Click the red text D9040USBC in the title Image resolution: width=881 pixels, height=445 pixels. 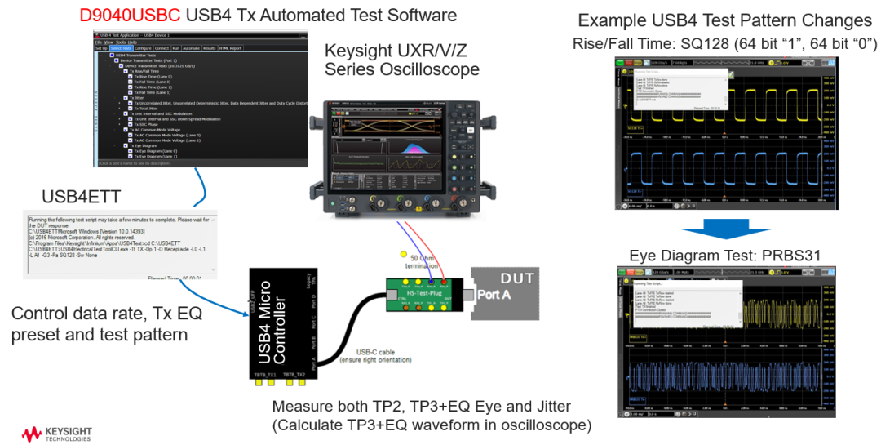[x=130, y=16]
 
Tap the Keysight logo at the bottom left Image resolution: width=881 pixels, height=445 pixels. [x=56, y=434]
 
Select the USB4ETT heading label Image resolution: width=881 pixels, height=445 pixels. [x=82, y=196]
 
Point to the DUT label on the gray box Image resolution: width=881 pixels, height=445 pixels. [x=516, y=278]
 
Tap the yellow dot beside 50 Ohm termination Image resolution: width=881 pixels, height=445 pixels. [x=403, y=255]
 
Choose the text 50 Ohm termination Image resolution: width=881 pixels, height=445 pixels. [x=435, y=262]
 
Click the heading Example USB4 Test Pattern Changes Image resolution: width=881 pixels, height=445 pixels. [x=724, y=20]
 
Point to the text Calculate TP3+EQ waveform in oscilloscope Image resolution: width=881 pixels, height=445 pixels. [x=432, y=425]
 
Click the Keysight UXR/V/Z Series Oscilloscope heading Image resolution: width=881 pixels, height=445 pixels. [x=401, y=59]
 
